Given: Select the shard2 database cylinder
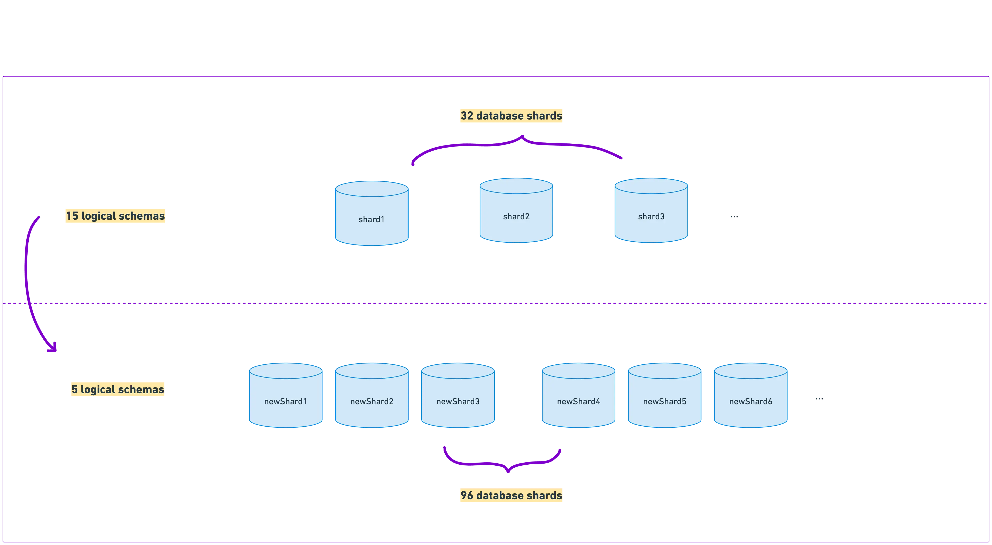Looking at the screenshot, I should [x=516, y=210].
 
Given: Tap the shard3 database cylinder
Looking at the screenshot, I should [x=651, y=210].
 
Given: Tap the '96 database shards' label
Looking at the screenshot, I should [x=512, y=495].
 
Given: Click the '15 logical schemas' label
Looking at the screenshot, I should [x=115, y=216].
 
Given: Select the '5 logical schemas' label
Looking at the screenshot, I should [x=118, y=389].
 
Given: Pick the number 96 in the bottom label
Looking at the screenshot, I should [x=467, y=495].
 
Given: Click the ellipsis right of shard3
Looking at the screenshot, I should [x=734, y=217].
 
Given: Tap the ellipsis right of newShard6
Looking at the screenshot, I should [x=819, y=399].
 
